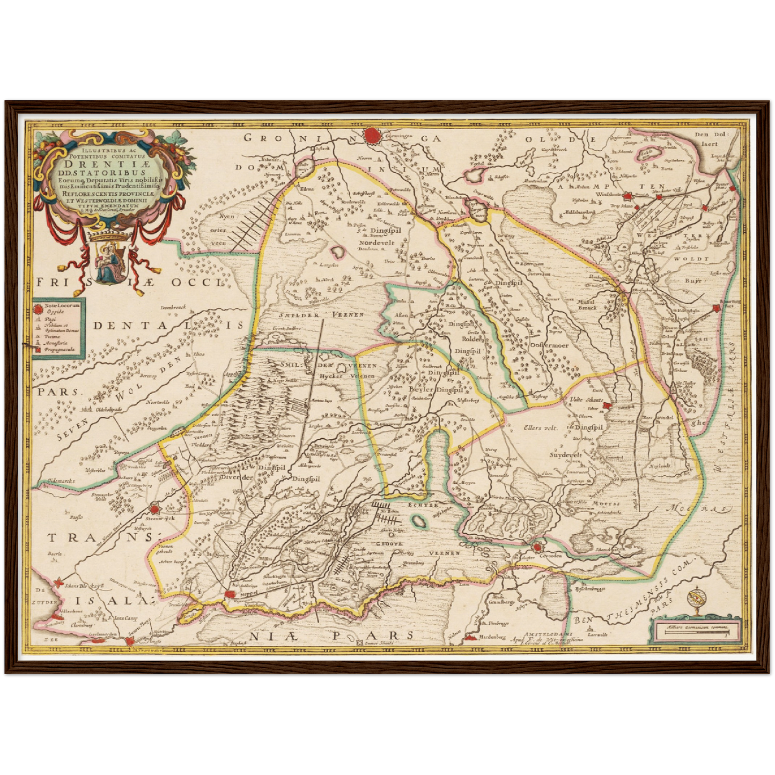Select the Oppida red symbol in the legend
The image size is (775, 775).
click(39, 308)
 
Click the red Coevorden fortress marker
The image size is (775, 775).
click(537, 547)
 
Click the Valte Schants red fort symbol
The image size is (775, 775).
click(607, 406)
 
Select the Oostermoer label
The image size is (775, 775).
click(549, 345)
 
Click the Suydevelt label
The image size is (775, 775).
click(565, 455)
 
